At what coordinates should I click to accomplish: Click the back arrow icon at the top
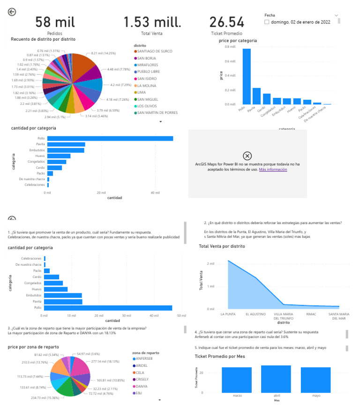click(12, 12)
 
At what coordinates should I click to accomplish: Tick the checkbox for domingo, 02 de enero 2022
click(267, 22)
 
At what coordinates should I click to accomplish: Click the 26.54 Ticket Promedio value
click(227, 22)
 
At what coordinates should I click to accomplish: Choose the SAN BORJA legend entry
click(146, 58)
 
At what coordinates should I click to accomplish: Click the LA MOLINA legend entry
click(147, 85)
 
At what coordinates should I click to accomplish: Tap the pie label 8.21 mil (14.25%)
click(103, 53)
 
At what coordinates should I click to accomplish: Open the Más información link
click(273, 170)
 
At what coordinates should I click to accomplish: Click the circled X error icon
click(247, 156)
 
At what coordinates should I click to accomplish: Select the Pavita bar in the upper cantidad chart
click(66, 144)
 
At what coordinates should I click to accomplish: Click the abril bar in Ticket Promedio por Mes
click(276, 379)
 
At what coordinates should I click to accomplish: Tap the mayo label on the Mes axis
click(316, 395)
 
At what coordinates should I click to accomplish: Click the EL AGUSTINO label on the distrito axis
click(256, 314)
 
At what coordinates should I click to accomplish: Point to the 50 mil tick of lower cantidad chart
click(182, 316)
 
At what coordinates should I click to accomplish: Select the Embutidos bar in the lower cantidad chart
click(63, 295)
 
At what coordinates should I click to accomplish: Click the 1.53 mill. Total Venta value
click(152, 22)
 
